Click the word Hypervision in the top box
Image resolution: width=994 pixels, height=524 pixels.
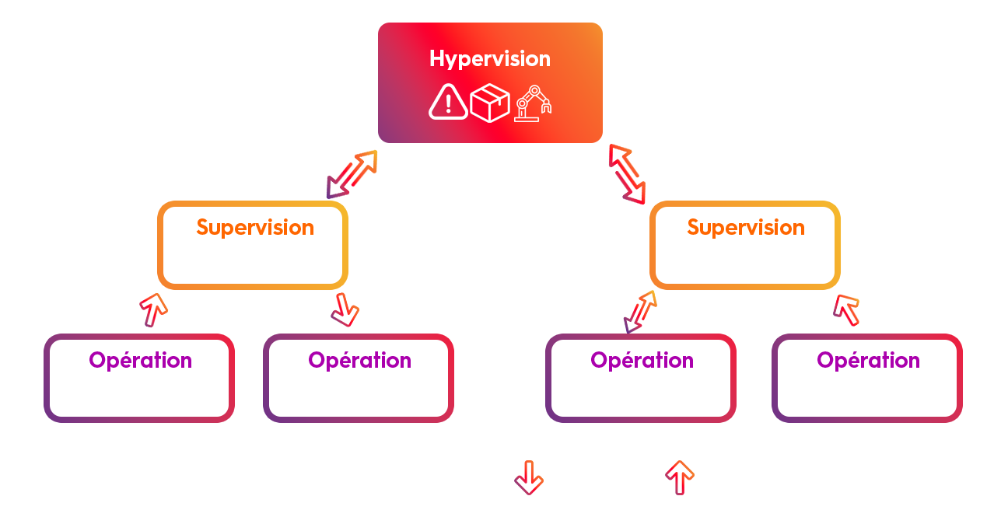(x=490, y=59)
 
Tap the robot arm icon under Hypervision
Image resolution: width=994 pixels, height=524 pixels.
(x=534, y=103)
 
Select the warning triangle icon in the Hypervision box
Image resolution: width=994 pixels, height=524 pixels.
(x=448, y=102)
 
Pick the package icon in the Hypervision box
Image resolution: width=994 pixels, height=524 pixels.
(x=490, y=103)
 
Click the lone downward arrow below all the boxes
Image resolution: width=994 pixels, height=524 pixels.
(x=529, y=477)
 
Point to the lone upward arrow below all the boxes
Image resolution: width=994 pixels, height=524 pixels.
(x=680, y=477)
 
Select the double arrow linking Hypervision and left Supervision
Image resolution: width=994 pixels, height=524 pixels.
(x=352, y=174)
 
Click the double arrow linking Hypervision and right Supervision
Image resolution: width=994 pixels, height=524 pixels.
(x=628, y=174)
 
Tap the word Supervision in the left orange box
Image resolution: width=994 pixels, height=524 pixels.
(x=255, y=228)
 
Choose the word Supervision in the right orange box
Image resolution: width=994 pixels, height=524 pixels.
(x=746, y=228)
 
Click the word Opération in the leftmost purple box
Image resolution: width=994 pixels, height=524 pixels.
(x=140, y=361)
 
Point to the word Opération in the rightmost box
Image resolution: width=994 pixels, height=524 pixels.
(x=868, y=361)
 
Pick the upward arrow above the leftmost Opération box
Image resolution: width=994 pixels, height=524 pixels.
(x=154, y=309)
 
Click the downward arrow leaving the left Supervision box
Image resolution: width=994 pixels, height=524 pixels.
(x=345, y=309)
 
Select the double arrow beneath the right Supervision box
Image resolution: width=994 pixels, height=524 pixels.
(x=640, y=311)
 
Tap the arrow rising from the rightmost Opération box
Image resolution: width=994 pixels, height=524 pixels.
(x=846, y=309)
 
